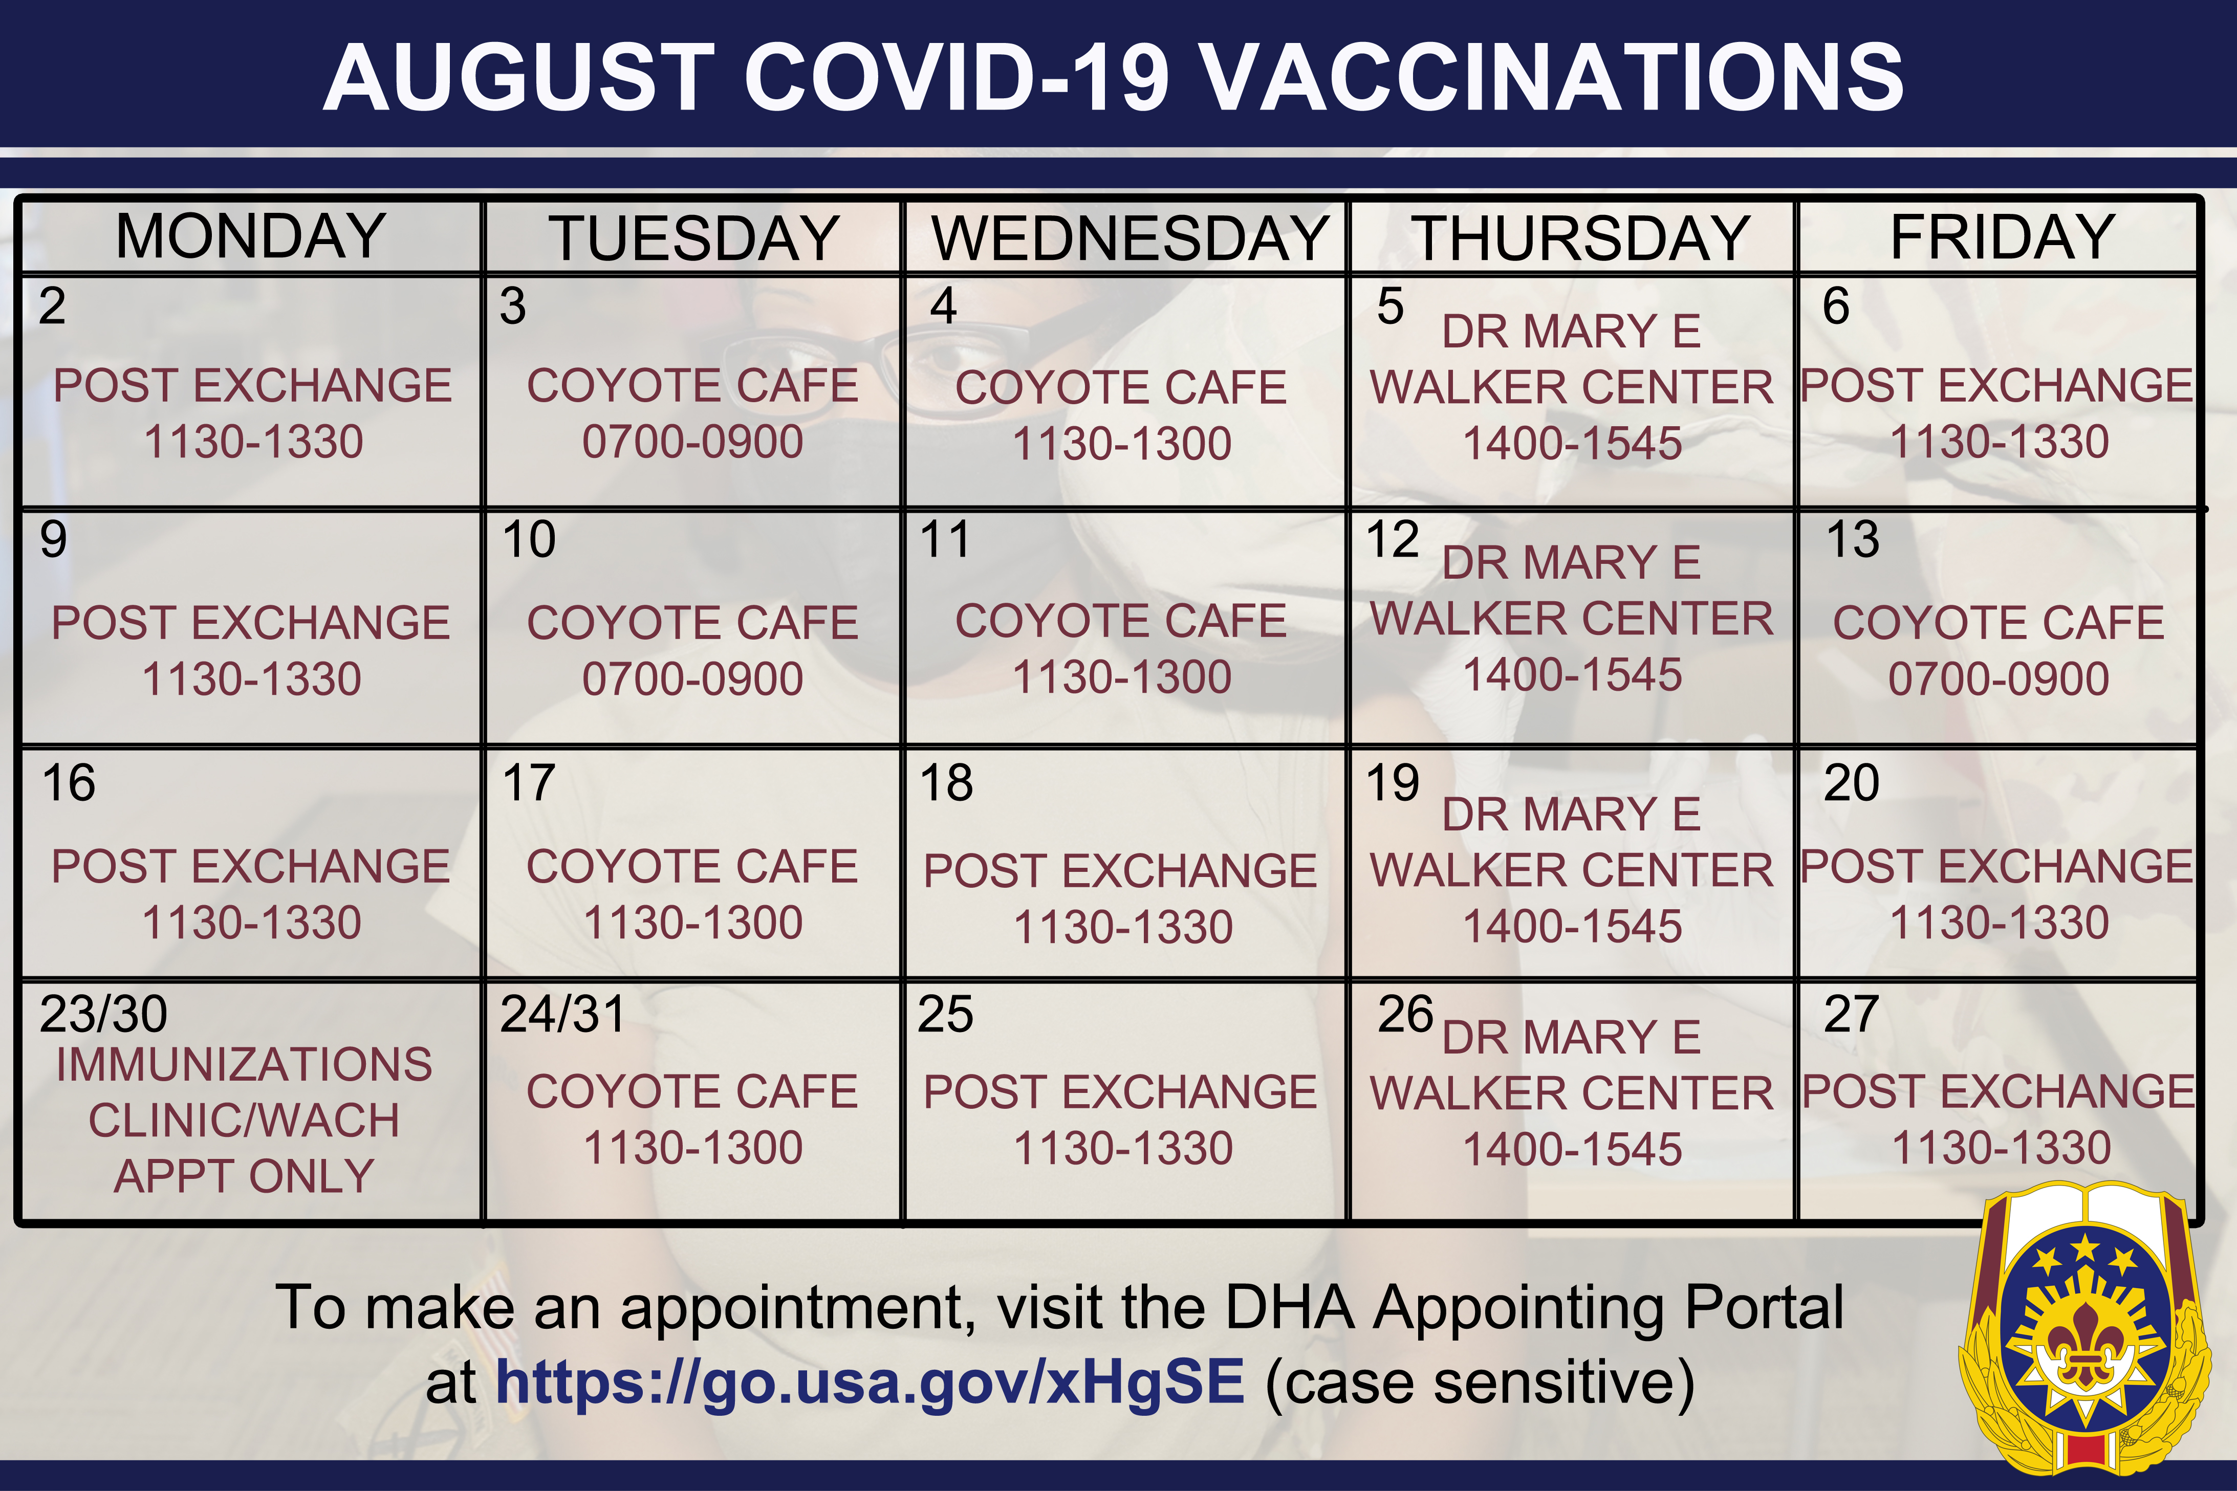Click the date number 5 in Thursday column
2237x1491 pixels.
(x=1391, y=306)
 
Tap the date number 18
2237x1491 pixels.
(x=946, y=782)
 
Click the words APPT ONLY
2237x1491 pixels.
(x=245, y=1176)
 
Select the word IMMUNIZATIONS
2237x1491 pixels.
(x=245, y=1064)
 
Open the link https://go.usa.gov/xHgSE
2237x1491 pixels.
(x=870, y=1382)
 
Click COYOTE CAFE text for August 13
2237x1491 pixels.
(x=1999, y=623)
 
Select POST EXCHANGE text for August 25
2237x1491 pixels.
(x=1120, y=1091)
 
